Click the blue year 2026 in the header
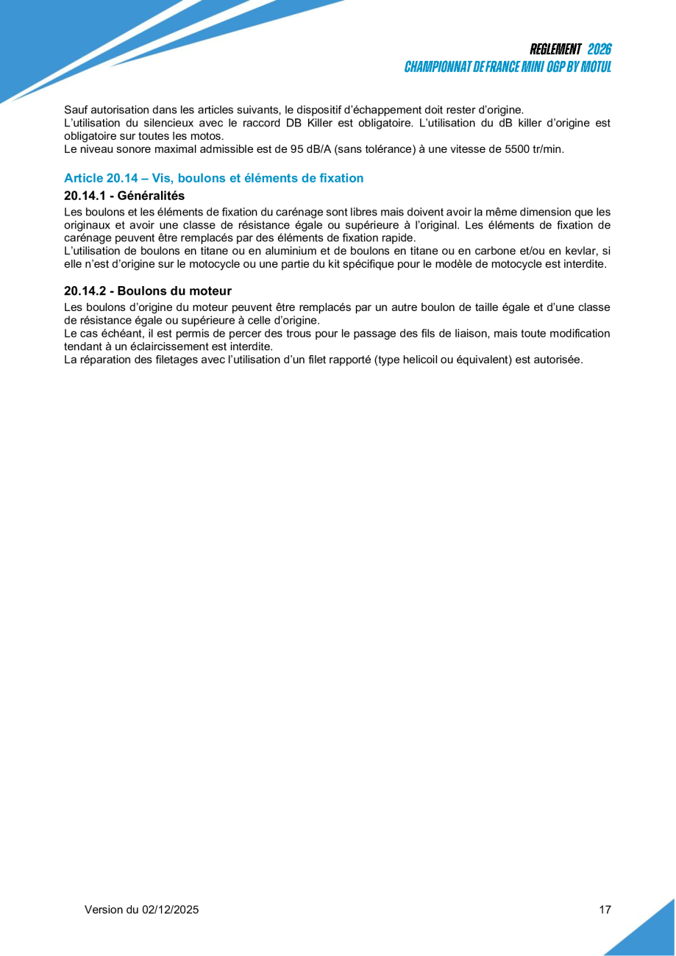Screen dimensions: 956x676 (x=599, y=49)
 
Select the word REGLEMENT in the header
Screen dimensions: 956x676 (x=555, y=49)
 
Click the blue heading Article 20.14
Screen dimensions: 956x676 (x=213, y=178)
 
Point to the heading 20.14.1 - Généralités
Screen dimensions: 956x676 (x=124, y=196)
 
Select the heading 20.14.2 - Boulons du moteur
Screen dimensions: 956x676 (x=148, y=291)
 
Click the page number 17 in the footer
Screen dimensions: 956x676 (x=605, y=910)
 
